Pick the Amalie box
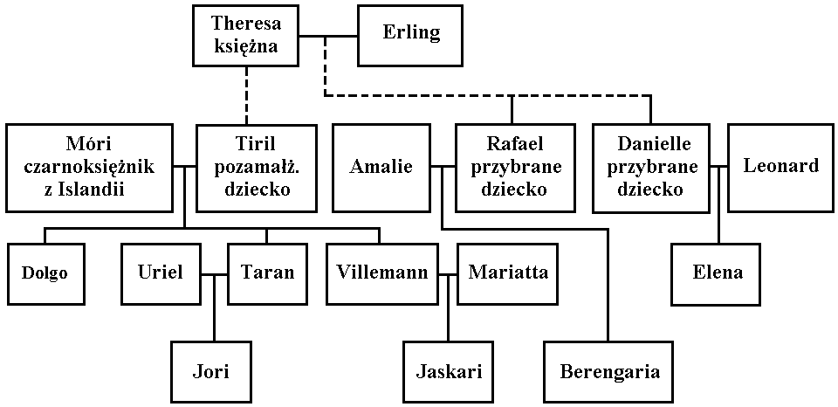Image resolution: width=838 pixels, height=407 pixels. click(381, 167)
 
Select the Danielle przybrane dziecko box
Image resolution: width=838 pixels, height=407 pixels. click(649, 167)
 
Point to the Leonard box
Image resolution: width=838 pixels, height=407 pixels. click(780, 167)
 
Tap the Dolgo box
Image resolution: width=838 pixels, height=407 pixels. click(45, 273)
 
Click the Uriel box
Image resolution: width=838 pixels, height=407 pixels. click(161, 273)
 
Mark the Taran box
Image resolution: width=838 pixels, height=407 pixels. click(268, 273)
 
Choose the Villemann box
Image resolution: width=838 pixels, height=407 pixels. click(382, 273)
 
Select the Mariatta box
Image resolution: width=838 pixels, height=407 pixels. click(508, 273)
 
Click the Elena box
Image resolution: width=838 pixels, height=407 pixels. click(718, 273)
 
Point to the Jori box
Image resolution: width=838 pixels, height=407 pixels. click(210, 372)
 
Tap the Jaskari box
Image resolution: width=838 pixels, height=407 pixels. click(449, 372)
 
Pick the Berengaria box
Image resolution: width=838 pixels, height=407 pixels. click(609, 372)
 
